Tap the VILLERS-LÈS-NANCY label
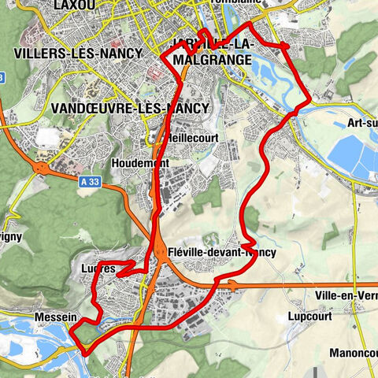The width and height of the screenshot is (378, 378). coord(76,54)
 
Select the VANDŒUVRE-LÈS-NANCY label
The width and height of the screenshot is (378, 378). coord(129,108)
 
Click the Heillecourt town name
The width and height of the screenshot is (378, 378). coord(193,137)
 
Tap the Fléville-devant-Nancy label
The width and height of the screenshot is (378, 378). coord(222,253)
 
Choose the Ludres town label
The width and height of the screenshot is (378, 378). coord(98,269)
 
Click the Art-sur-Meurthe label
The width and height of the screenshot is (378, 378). coord(361,124)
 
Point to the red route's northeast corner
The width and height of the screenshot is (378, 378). coord(284,48)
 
